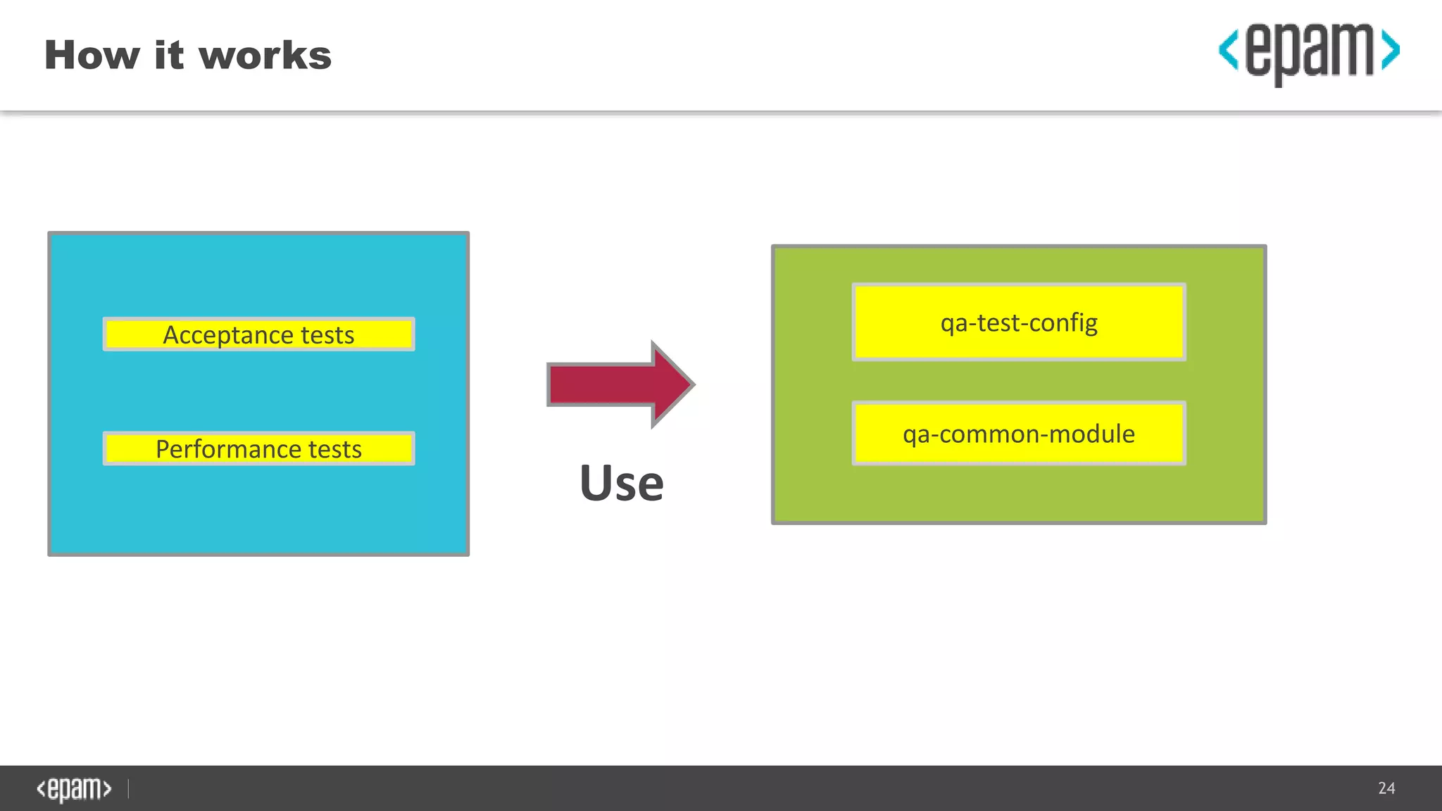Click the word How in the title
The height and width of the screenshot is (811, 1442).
point(92,56)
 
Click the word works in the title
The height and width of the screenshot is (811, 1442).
point(265,56)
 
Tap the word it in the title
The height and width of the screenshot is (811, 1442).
point(169,56)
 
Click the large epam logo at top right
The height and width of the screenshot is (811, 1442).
point(1309,53)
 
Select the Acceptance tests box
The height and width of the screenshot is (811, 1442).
point(258,334)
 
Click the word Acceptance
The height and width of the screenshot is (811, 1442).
point(228,335)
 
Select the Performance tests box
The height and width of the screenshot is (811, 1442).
point(258,448)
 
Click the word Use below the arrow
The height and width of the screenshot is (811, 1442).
point(621,484)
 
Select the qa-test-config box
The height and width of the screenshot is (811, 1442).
point(1018,322)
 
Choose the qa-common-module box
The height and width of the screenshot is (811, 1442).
point(1018,434)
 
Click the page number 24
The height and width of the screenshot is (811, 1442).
point(1386,788)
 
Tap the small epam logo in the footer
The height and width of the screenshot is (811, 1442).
point(74,789)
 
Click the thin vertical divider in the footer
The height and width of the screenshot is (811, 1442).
point(129,788)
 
